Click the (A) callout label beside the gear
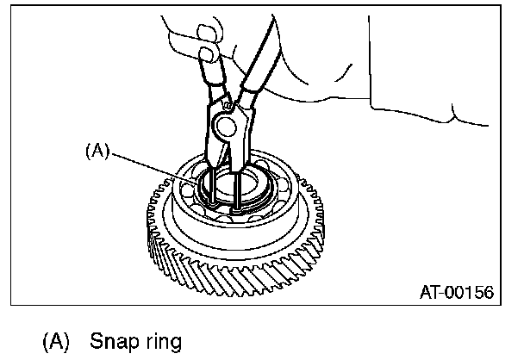[97, 149]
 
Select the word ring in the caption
[161, 343]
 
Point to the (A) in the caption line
[57, 342]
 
